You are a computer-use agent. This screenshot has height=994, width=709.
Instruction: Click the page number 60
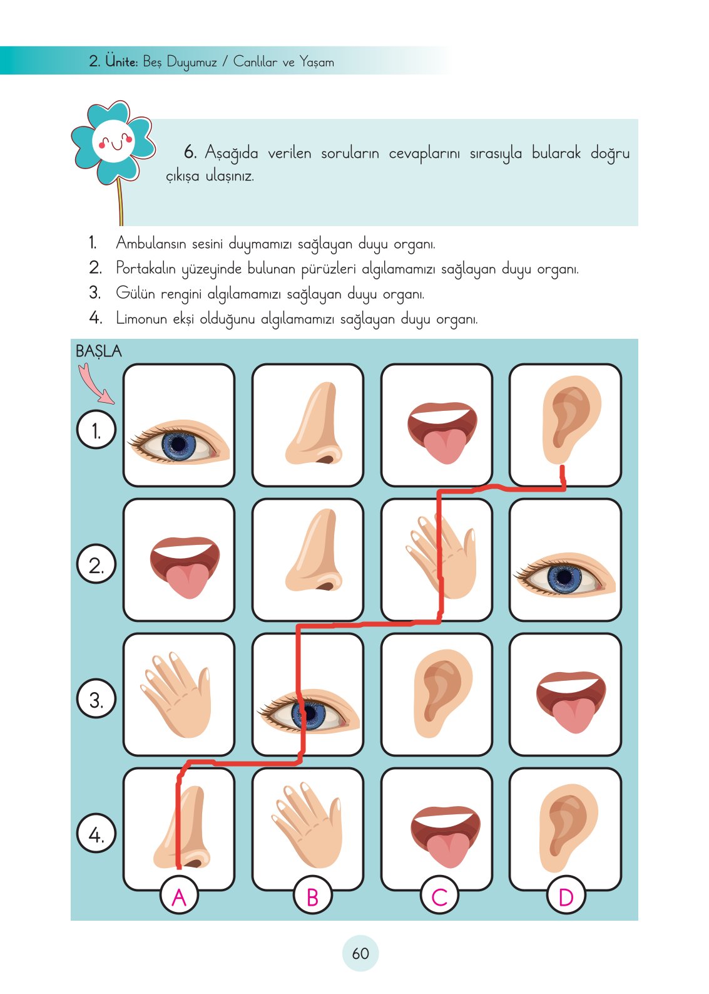pyautogui.click(x=360, y=953)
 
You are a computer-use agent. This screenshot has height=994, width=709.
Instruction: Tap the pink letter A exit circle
pyautogui.click(x=179, y=897)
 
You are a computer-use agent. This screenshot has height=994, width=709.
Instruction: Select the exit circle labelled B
pyautogui.click(x=312, y=897)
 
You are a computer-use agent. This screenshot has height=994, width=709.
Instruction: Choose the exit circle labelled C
pyautogui.click(x=439, y=897)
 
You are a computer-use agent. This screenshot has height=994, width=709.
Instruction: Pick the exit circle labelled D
pyautogui.click(x=566, y=897)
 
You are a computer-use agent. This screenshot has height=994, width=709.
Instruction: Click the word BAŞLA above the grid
pyautogui.click(x=98, y=351)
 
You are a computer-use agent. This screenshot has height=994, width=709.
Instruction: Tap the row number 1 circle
pyautogui.click(x=96, y=430)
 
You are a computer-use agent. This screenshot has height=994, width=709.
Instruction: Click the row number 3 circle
pyautogui.click(x=96, y=699)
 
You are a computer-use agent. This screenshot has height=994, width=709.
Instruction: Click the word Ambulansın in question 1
pyautogui.click(x=150, y=243)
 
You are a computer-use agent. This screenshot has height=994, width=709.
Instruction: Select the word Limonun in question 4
pyautogui.click(x=141, y=318)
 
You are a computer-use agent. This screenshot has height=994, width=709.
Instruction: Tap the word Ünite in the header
pyautogui.click(x=121, y=61)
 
